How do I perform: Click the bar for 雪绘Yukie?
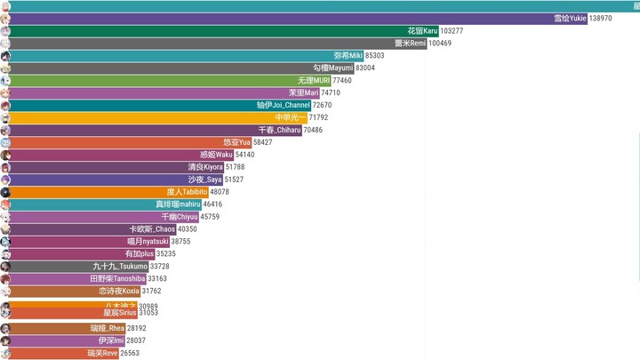[293, 18]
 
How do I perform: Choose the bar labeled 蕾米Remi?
[213, 43]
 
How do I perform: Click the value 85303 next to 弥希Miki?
[381, 55]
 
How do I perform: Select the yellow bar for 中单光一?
[156, 117]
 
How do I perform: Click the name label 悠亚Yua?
[236, 142]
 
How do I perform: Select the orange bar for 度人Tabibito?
[107, 192]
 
